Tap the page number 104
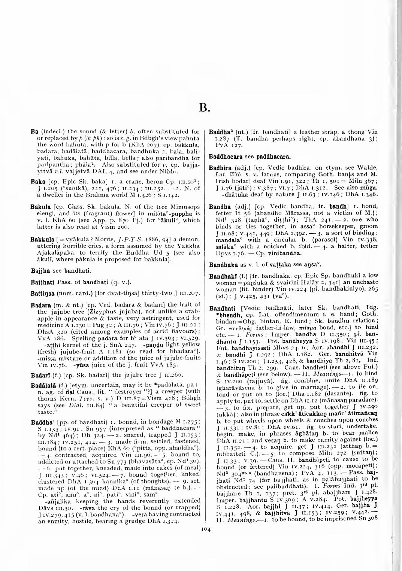pyautogui.click(x=203, y=529)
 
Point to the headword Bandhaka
pyautogui.click(x=221, y=264)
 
